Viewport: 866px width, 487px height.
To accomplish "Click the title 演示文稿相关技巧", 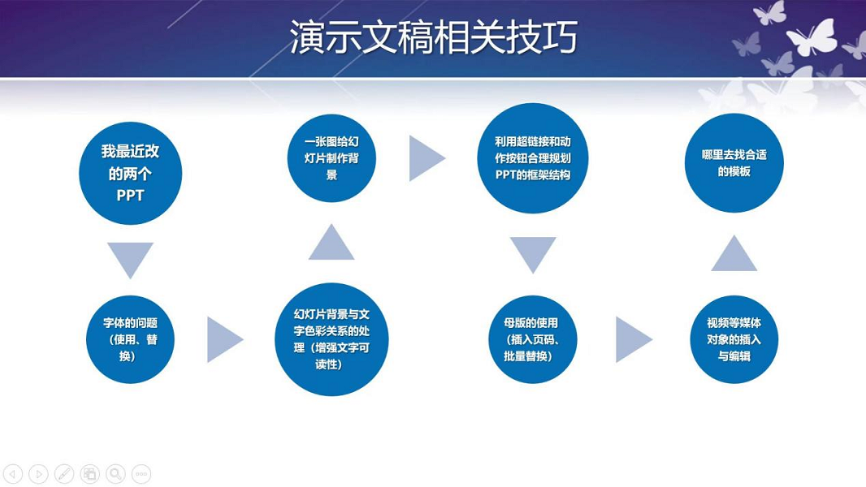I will (433, 38).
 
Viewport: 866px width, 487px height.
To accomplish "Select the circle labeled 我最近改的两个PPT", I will (130, 174).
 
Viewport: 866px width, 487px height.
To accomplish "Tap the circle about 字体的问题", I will (131, 339).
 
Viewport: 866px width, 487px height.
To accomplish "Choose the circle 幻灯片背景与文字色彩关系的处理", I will (331, 339).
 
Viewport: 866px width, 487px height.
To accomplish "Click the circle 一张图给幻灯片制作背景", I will (331, 158).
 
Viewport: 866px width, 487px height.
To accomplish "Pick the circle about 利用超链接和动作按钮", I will (532, 158).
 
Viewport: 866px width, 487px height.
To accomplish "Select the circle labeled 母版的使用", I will (532, 339).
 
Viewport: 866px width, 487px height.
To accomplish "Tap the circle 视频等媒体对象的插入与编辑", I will (734, 339).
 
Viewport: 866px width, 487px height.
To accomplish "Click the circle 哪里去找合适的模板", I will (734, 162).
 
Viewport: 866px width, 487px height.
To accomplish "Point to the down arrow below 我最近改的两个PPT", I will (130, 257).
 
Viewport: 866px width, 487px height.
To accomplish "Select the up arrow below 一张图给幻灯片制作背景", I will (331, 243).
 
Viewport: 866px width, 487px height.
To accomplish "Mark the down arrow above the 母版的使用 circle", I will (532, 252).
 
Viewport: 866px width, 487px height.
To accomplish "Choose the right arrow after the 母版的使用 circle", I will (632, 339).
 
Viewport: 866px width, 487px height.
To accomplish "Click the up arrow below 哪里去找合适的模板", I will (734, 254).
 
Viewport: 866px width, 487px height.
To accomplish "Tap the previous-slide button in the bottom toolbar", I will (12, 474).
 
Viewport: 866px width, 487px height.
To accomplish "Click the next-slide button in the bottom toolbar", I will (38, 474).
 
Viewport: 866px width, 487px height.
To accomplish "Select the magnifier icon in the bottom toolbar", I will (115, 474).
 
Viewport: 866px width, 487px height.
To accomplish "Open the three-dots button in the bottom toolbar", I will (141, 474).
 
